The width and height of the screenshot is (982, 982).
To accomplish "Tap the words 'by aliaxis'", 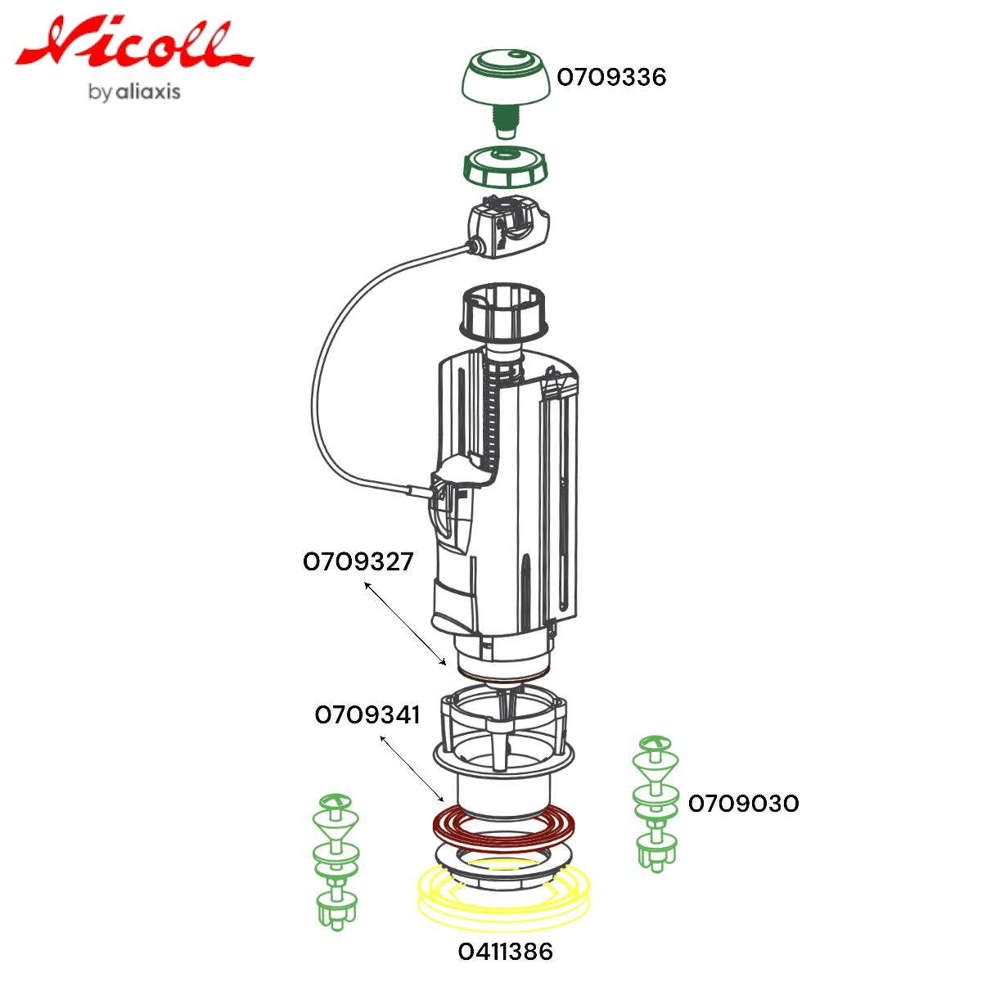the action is [134, 92].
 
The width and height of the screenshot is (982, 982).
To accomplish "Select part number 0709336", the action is [611, 78].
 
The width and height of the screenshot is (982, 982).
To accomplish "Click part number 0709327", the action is [358, 561].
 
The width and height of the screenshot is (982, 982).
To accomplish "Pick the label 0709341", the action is [367, 715].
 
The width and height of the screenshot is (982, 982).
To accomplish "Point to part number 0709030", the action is [744, 804].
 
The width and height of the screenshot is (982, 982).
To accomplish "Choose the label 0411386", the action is [506, 952].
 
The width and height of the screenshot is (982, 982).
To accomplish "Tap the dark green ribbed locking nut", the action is [505, 168].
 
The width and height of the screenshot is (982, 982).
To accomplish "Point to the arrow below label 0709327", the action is [405, 624].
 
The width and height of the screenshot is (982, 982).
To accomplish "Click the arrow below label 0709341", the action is [412, 769].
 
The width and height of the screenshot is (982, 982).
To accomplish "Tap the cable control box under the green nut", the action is [507, 227].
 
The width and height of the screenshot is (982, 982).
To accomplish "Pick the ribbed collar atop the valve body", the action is [503, 312].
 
